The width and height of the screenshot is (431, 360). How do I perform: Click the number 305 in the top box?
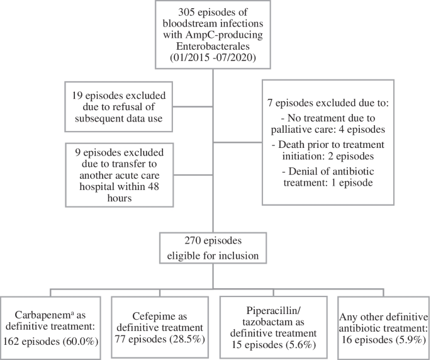click(186, 12)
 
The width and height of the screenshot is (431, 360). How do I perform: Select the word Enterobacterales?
click(213, 46)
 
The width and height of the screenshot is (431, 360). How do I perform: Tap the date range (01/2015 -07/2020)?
click(213, 58)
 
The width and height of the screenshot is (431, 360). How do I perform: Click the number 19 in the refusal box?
click(77, 96)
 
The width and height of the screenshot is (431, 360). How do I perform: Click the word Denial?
click(303, 171)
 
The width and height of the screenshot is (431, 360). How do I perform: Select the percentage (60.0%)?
click(81, 341)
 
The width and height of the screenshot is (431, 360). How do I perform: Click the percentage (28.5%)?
click(187, 339)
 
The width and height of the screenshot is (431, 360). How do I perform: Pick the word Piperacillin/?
click(274, 310)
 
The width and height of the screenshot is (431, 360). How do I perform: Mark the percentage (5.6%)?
click(300, 345)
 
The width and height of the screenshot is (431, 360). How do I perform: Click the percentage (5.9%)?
click(410, 340)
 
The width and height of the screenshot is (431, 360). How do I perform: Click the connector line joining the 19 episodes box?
click(193, 107)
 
